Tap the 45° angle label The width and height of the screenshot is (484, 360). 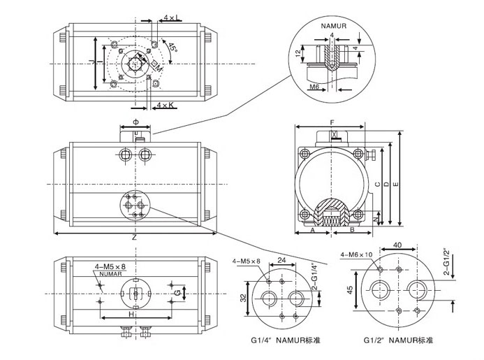[x=172, y=48]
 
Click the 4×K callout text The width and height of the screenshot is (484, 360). [x=166, y=104]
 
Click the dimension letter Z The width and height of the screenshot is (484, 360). [x=134, y=238]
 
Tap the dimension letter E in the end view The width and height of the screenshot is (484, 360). [x=396, y=183]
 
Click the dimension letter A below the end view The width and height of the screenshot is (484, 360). [x=313, y=229]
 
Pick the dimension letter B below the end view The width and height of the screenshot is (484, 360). [x=352, y=229]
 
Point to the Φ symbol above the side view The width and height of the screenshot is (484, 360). [x=137, y=121]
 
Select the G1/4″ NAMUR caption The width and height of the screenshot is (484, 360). [x=274, y=340]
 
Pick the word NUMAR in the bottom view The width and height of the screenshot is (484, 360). [x=110, y=274]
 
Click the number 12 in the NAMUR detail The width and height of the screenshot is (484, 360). [x=298, y=53]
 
